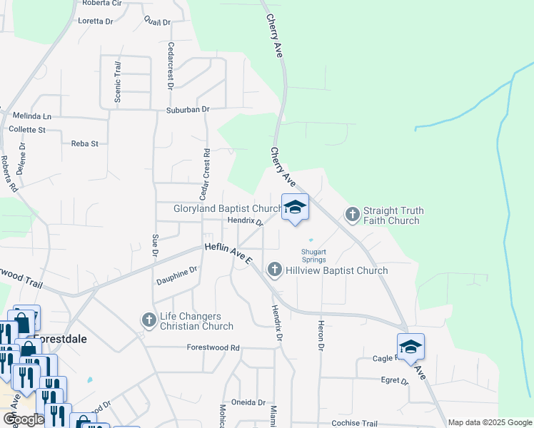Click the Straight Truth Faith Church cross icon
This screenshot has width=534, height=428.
pos(353,214)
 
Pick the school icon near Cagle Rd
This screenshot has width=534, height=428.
pos(410,347)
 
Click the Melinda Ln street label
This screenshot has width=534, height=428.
pos(32,116)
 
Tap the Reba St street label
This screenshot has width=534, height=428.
pos(84,143)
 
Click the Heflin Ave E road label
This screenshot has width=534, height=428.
pos(228,255)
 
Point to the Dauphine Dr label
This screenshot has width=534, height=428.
pos(177,275)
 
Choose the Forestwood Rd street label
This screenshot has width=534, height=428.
pos(213,348)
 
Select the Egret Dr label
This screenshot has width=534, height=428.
pos(394,381)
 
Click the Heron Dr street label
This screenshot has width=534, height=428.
pos(321,335)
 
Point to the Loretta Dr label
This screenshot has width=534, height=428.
pos(96,21)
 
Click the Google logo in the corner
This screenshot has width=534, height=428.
pos(24,419)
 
